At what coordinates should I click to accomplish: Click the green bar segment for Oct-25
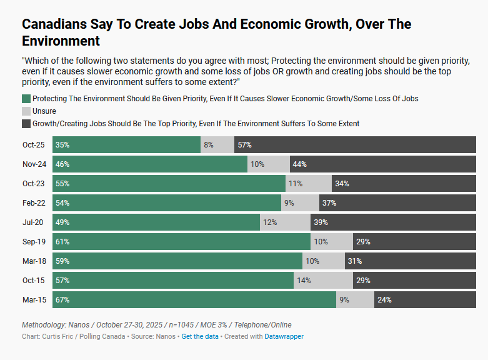[x=126, y=144]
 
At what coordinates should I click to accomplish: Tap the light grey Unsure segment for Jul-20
[x=285, y=222]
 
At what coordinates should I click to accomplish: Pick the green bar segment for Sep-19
[x=181, y=241]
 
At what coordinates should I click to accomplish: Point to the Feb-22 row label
[x=33, y=202]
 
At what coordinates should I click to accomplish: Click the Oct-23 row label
[x=33, y=183]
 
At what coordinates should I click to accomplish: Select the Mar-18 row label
[x=33, y=261]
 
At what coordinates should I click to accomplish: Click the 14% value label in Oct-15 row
[x=304, y=280]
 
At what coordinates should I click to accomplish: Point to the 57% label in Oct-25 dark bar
[x=244, y=144]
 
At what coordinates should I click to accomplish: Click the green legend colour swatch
[x=26, y=99]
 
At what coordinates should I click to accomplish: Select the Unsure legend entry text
[x=44, y=111]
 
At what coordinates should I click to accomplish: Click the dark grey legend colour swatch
[x=26, y=124]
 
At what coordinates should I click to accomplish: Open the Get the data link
[x=200, y=336]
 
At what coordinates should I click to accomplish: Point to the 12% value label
[x=270, y=222]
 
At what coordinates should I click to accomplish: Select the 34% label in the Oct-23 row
[x=342, y=183]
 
